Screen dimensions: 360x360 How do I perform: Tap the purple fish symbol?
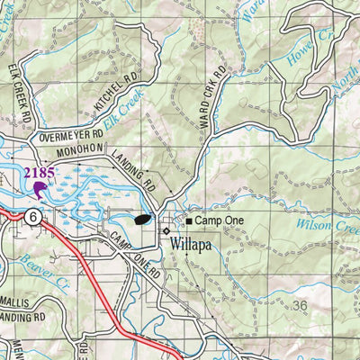coord(40,188)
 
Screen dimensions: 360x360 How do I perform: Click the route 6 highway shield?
coord(31,217)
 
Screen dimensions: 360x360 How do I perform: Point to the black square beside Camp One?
coord(189,220)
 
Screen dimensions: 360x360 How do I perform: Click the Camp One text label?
coord(217,220)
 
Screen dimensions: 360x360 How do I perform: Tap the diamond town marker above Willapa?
coord(166,229)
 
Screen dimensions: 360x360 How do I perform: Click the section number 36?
coord(300,306)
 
